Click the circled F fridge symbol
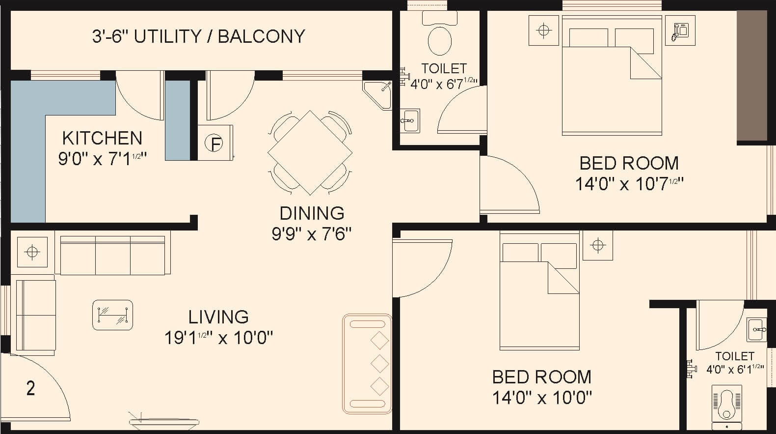tap(214, 144)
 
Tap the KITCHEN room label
tap(102, 138)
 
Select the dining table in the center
tap(310, 152)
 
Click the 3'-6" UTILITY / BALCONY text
tap(198, 36)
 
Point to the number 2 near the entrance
tap(30, 388)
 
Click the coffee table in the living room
tap(112, 315)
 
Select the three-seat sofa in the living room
tap(113, 256)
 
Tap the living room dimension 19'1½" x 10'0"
tap(218, 338)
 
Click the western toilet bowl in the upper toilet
tap(439, 40)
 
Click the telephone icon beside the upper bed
tap(680, 30)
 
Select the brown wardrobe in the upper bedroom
tap(751, 76)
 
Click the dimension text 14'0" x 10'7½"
tap(629, 184)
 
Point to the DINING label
tap(312, 213)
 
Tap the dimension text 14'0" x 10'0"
tap(542, 397)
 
